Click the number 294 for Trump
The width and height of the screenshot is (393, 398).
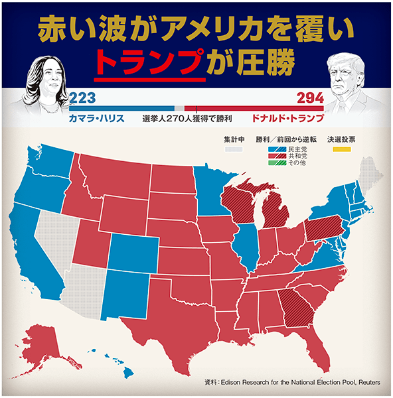click(x=310, y=98)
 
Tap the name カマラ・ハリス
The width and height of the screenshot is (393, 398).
click(x=98, y=119)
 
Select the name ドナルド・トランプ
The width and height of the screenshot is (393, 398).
click(x=287, y=119)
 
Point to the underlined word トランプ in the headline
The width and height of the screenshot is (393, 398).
click(x=148, y=62)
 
